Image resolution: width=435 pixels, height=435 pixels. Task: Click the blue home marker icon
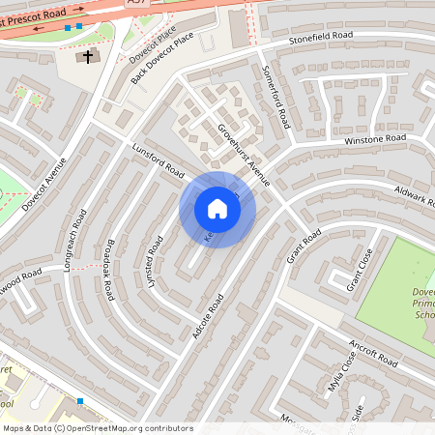(x=217, y=209)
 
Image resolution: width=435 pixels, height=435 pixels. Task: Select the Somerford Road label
(x=276, y=97)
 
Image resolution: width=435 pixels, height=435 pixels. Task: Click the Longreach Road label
(x=74, y=240)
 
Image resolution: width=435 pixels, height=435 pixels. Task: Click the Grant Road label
(x=304, y=248)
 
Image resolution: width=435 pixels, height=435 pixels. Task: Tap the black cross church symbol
(x=88, y=57)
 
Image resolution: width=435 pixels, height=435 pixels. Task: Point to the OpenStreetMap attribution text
(x=97, y=427)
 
